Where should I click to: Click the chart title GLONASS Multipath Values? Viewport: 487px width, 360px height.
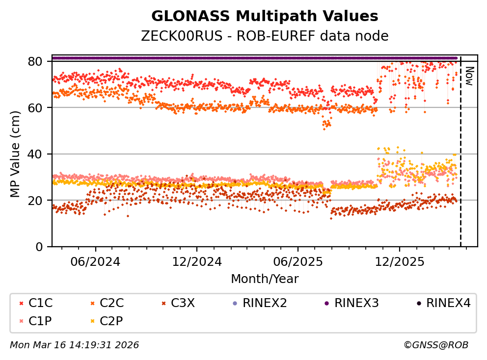point(265,16)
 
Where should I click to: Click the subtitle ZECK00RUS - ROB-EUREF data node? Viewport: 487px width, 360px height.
point(265,36)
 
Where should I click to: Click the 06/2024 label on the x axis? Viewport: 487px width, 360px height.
point(95,261)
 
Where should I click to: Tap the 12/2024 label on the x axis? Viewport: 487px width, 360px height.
point(196,261)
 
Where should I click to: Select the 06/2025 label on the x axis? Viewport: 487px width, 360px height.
point(298,261)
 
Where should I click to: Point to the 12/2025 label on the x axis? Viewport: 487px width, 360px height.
point(399,261)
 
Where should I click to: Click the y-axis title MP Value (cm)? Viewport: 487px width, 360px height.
point(16,154)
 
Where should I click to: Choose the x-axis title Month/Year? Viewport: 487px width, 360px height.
point(265,279)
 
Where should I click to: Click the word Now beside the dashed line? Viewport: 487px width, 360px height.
point(469,76)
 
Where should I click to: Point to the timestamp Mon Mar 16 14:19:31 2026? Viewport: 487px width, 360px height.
point(74,345)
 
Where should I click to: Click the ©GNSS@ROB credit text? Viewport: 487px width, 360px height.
point(436,345)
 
